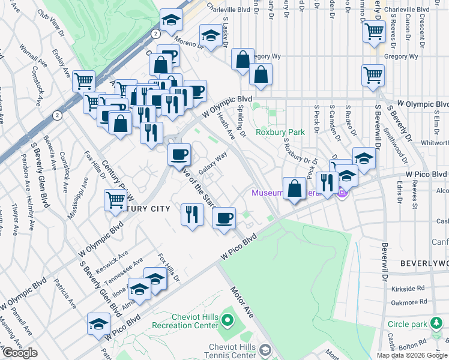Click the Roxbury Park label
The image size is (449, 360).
click(280, 132)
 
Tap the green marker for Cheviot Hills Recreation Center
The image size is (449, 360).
click(227, 319)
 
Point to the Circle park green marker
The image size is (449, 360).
click(436, 324)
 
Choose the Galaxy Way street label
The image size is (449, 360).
click(213, 163)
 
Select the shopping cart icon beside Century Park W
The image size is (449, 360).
click(116, 200)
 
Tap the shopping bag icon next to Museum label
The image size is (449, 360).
click(294, 187)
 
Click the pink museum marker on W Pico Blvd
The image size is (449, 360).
click(342, 193)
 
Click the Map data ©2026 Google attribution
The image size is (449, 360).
click(412, 355)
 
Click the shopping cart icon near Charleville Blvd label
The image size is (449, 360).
click(374, 31)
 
